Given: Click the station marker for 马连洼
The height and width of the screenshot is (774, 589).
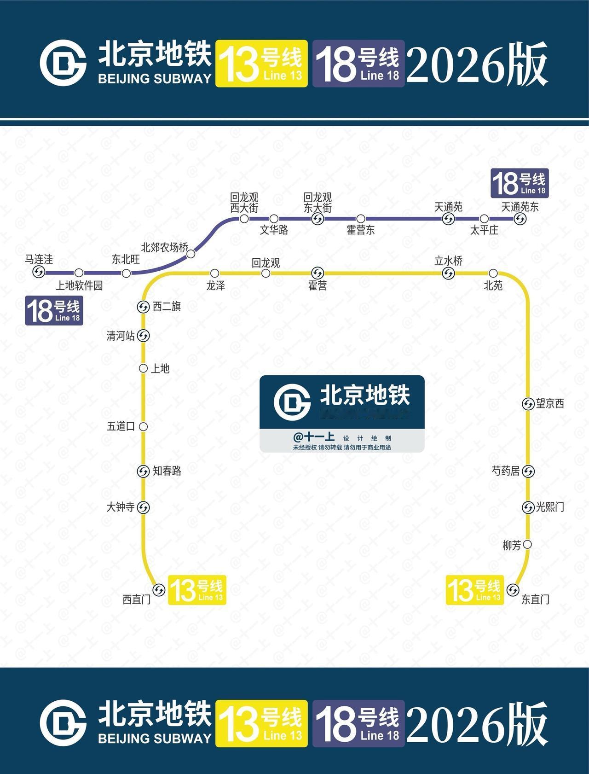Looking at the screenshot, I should (x=39, y=272).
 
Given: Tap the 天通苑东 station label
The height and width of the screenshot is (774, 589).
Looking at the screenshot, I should (x=520, y=207).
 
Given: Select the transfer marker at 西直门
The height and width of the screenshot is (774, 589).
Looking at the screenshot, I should (x=159, y=590).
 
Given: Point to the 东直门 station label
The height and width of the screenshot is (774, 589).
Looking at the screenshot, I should (x=535, y=599).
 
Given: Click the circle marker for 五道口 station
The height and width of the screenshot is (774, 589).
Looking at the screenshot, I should (x=143, y=426).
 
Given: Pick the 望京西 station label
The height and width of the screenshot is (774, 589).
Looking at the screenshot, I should (x=550, y=404).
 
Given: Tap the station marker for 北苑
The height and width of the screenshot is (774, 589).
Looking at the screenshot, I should (x=493, y=273).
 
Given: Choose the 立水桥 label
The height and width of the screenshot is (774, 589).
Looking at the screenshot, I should (x=448, y=261).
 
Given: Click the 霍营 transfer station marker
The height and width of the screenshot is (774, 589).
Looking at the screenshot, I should (x=318, y=273).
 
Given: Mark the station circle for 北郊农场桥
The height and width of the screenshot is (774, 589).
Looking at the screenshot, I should (x=191, y=253).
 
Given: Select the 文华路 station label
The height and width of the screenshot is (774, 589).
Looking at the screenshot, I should (x=274, y=230).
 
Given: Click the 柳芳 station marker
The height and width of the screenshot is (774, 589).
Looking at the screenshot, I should (x=528, y=544).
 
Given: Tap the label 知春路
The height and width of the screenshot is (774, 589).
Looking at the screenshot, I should (x=167, y=471).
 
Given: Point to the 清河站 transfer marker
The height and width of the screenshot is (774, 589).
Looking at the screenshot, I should (x=143, y=336).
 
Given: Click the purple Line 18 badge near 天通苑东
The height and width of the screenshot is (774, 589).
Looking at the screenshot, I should (x=520, y=183).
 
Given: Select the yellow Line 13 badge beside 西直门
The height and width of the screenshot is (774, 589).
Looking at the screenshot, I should (x=197, y=590).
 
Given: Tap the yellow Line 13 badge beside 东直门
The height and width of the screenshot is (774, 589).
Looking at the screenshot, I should (x=475, y=590).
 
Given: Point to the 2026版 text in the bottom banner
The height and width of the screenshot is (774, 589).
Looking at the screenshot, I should (x=477, y=723).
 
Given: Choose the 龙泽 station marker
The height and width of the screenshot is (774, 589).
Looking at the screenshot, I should (x=214, y=274).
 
